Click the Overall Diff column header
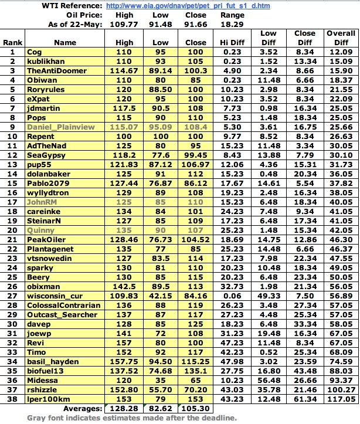(341, 38)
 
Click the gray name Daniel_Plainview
(57, 126)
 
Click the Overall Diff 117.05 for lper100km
(341, 399)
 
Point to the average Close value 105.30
(195, 408)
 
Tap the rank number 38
(12, 399)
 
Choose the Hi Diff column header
(232, 42)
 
